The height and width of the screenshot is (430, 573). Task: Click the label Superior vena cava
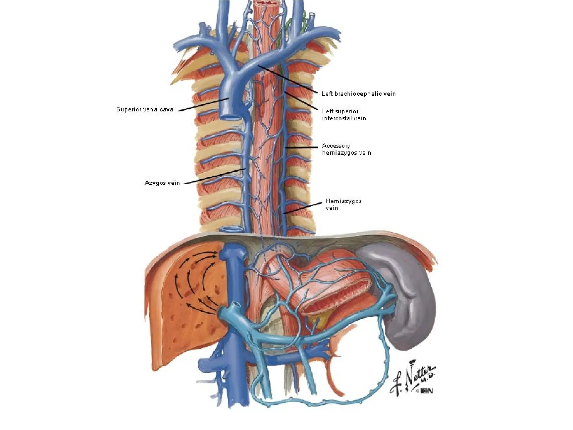(144, 109)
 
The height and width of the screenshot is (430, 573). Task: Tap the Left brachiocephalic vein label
(358, 94)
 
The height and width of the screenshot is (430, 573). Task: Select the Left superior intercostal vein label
(344, 115)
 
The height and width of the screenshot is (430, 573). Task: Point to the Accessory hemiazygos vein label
(346, 149)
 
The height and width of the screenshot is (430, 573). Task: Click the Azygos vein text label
(162, 183)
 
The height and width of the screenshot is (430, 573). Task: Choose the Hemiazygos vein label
(343, 205)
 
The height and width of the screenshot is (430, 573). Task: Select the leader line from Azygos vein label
(214, 176)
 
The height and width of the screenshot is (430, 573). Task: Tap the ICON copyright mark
(424, 391)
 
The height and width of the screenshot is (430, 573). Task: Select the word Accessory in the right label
(336, 146)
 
